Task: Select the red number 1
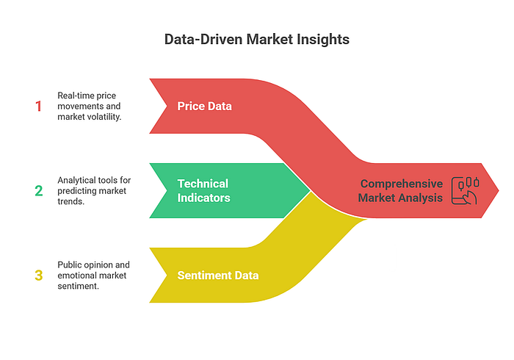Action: pyautogui.click(x=39, y=106)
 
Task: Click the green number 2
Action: pyautogui.click(x=39, y=191)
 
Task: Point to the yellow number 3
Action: pyautogui.click(x=39, y=276)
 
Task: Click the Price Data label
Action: pyautogui.click(x=204, y=106)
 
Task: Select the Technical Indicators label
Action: pyautogui.click(x=203, y=190)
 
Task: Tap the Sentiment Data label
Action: pyautogui.click(x=217, y=276)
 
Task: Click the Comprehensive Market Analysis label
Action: pyautogui.click(x=401, y=190)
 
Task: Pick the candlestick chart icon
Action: pyautogui.click(x=464, y=190)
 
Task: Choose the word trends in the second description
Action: pyautogui.click(x=70, y=201)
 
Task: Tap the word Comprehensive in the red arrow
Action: pyautogui.click(x=401, y=184)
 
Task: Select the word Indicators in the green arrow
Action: pyautogui.click(x=203, y=197)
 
